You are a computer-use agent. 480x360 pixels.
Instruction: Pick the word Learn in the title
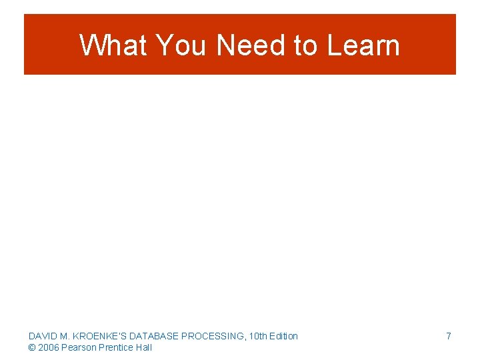(364, 45)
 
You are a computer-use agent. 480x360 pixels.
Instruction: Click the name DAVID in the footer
(42, 336)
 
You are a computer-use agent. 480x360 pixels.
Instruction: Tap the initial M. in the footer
(64, 336)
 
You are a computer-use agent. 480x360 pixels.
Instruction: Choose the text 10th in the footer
(257, 336)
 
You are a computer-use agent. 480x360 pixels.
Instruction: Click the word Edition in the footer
(283, 336)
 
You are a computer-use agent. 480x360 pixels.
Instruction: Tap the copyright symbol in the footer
(31, 347)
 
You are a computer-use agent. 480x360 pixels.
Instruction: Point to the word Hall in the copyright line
(143, 347)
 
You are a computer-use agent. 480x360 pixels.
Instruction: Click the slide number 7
(449, 336)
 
